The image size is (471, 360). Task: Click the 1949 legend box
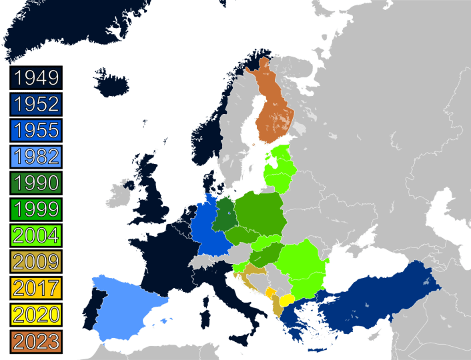point(36,78)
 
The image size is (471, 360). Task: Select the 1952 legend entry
point(36,104)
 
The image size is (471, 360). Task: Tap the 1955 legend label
point(36,130)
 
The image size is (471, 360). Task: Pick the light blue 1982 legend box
point(36,157)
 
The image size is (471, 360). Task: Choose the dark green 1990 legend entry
point(36,183)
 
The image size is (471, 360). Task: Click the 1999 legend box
point(36,209)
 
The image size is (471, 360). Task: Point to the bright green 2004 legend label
point(36,235)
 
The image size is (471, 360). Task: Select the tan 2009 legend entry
point(36,261)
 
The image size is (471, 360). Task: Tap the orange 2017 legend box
point(36,288)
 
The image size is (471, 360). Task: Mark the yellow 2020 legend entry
point(36,314)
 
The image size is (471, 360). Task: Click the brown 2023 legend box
point(36,341)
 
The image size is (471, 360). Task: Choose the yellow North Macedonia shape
point(288,300)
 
